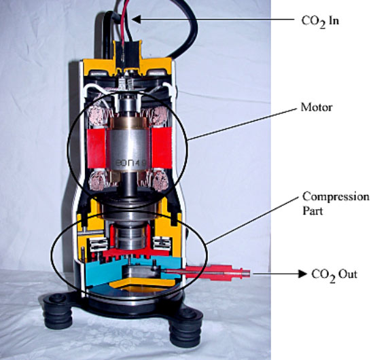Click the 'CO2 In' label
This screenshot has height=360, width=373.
coord(320,22)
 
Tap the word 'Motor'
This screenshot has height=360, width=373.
coord(317,107)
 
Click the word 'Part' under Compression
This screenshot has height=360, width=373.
coord(313,211)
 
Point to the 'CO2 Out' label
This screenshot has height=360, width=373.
coord(334,275)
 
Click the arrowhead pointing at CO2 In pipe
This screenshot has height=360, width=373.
coord(136,20)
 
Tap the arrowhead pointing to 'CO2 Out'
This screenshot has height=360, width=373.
coord(302,274)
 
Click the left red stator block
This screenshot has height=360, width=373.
coord(96,149)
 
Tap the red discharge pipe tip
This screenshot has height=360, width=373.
coord(246,273)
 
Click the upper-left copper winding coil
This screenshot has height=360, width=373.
coord(99,116)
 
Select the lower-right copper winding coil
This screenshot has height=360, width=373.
coord(160,181)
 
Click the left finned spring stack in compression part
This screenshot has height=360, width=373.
coord(96,245)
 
